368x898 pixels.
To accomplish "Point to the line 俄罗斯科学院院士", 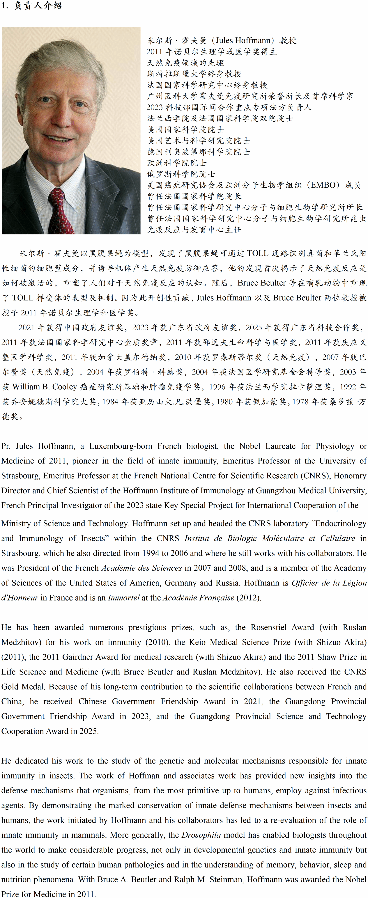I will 181,174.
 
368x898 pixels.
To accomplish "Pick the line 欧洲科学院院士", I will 177,163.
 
